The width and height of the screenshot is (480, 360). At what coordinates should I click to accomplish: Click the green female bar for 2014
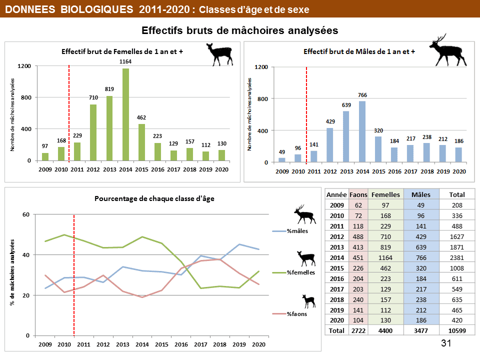(x=125, y=114)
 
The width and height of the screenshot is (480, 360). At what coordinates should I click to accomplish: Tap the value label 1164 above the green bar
(x=125, y=61)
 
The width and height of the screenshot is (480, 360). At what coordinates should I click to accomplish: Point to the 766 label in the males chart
(x=362, y=95)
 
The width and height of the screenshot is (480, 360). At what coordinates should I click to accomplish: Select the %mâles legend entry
(x=297, y=231)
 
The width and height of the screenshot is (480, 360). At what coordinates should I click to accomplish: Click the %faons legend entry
(x=297, y=314)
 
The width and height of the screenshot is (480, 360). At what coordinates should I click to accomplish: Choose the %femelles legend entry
(x=300, y=272)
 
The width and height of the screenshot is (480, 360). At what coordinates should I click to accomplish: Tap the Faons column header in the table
(x=358, y=194)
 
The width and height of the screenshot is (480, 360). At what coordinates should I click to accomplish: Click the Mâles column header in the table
(x=421, y=194)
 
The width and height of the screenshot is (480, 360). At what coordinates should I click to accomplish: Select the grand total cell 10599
(x=457, y=330)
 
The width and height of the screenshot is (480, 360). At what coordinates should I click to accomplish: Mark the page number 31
(x=446, y=343)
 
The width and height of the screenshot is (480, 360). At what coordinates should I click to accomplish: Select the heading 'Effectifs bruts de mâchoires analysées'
(x=240, y=30)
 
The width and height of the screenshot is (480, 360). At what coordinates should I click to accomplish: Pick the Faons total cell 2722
(x=358, y=330)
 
